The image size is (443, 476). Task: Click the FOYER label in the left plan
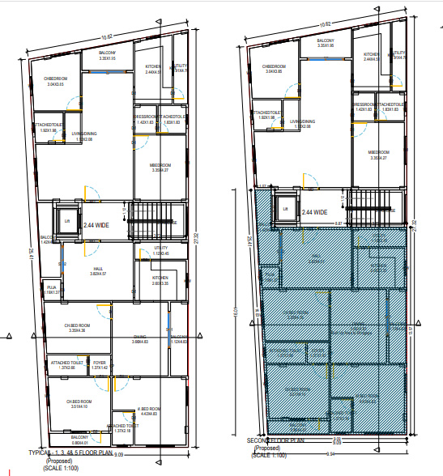pos(99,363)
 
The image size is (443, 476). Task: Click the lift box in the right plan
pos(286,208)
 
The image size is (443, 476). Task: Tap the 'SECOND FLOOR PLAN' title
pos(277,441)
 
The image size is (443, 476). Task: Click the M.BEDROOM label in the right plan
pos(379,153)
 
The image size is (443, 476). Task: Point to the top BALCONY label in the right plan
pos(325,40)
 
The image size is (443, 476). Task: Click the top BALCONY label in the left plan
pos(108,53)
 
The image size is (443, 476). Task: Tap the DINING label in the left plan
pos(140,338)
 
